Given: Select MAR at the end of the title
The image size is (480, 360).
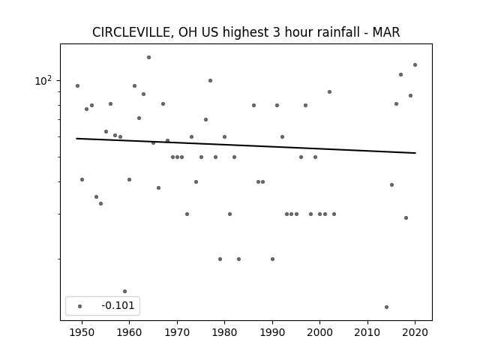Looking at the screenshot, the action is pos(386,32).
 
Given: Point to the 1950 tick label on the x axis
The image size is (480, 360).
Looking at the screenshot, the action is pos(82,332).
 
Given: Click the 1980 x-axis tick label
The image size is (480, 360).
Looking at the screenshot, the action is pos(224,332).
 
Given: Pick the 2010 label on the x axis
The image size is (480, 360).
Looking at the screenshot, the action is pos(367,332).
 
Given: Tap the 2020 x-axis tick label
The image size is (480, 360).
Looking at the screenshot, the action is pos(415,332).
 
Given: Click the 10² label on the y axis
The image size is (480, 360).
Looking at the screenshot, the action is pos(43,81).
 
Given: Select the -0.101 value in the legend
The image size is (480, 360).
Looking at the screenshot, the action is pos(118,305).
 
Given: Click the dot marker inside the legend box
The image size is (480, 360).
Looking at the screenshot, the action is pos(80,306).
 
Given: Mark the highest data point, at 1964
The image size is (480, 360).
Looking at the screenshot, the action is pos(148,57).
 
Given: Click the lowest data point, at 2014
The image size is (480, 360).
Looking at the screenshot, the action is pos(387,307).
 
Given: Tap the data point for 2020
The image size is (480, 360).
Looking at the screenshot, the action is pos(415,65).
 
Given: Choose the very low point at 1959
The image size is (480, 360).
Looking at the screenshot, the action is pos(125,292).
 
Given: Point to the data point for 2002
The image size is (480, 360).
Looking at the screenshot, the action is pos(330,91).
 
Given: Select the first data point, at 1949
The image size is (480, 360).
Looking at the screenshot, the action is pos(77,86).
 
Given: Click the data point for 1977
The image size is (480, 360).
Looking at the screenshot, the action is pos(210,81).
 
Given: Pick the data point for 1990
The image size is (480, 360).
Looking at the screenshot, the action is pos(272,259).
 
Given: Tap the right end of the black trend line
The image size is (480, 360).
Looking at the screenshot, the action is pos(415,153).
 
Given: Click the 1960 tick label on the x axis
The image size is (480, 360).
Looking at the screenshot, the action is pos(129,332).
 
